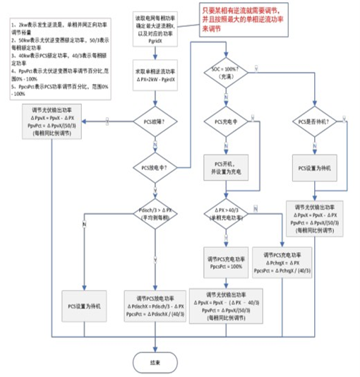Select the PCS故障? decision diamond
(x=153, y=121)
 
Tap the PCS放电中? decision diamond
(x=153, y=167)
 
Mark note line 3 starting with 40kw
(x=49, y=55)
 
